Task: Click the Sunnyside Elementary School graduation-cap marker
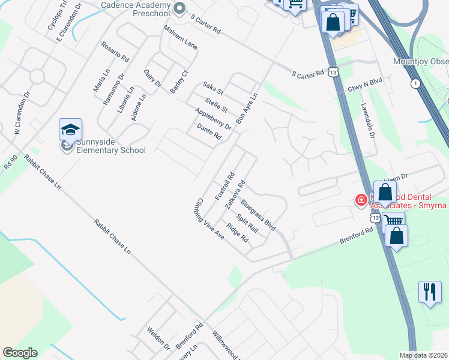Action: coord(70,130)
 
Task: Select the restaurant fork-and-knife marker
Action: coord(429,292)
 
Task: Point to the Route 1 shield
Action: coord(415,83)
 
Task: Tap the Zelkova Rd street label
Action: coord(235,194)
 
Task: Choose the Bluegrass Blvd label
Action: coord(258,216)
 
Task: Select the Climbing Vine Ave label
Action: coord(210,220)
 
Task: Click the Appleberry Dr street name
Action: coord(213,119)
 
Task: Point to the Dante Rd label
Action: coord(209,132)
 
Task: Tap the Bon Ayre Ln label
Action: coord(247,108)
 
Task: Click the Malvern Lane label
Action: coord(180,37)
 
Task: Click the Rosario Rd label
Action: coord(115,52)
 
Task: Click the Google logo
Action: coord(20,353)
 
